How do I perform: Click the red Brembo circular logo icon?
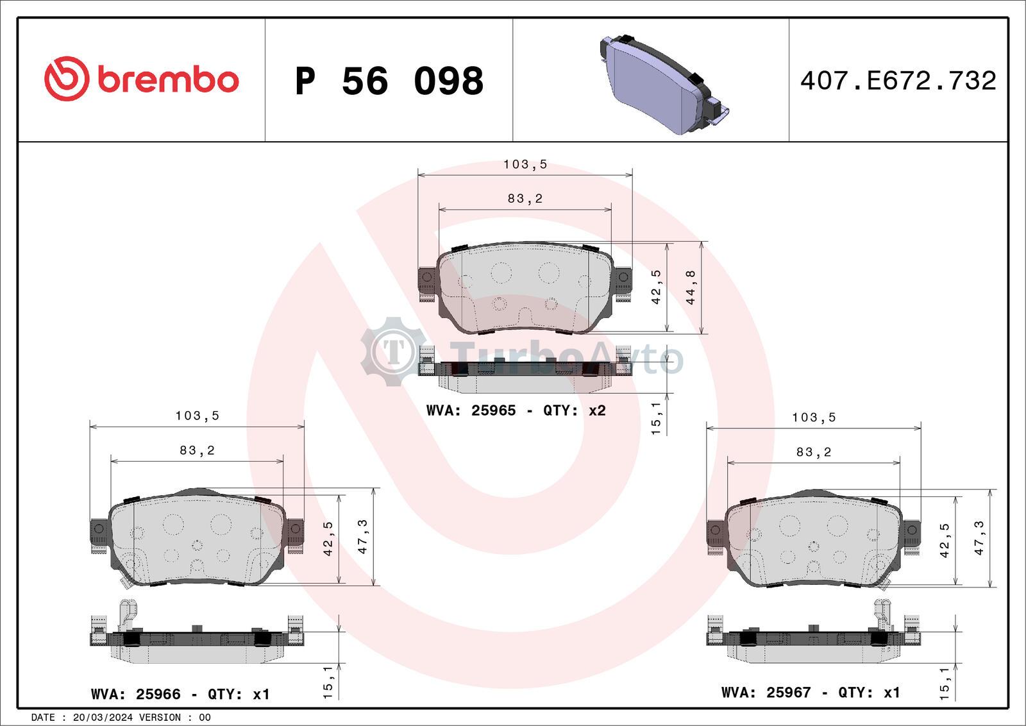click(66, 78)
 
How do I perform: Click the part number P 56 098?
click(389, 81)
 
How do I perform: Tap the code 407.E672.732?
click(898, 81)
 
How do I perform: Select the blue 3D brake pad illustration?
click(664, 84)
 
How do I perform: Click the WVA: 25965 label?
click(471, 410)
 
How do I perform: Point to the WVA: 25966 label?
click(135, 694)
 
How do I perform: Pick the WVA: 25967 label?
click(766, 692)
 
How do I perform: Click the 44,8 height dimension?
click(691, 288)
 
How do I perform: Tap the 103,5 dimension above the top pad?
click(525, 164)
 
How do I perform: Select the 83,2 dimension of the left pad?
click(197, 450)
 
